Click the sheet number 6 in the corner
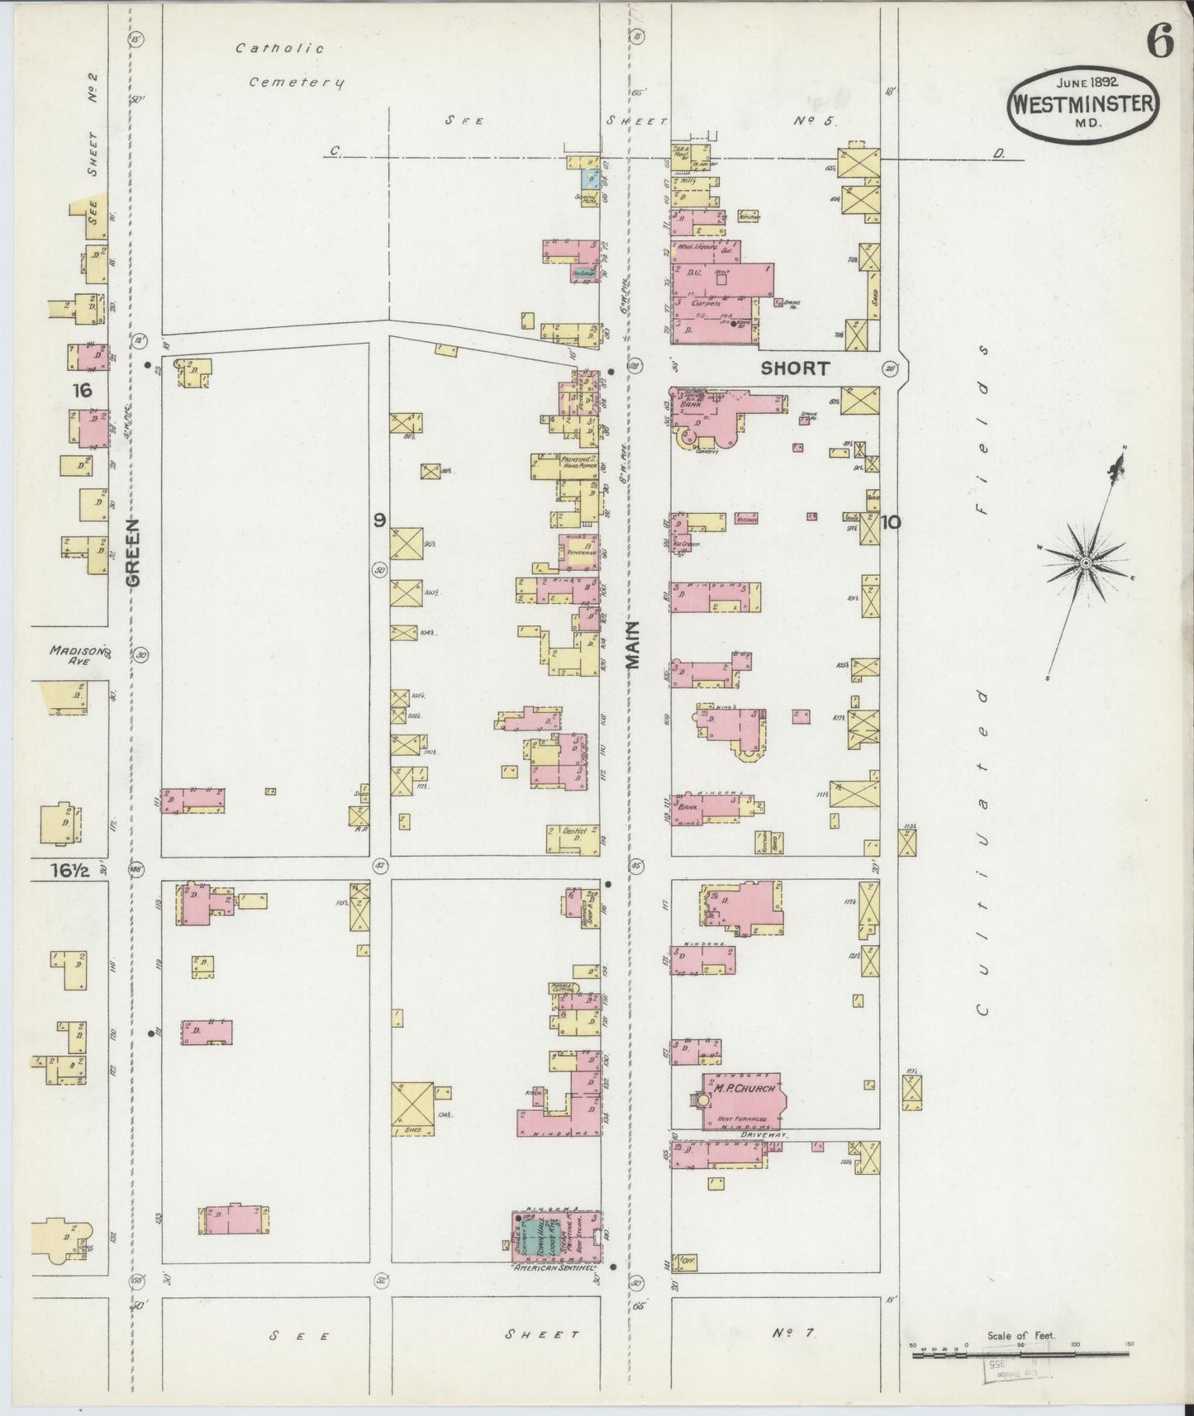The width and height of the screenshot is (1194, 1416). click(1160, 43)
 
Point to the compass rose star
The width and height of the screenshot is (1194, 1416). click(1086, 563)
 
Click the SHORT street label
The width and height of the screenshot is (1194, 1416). click(794, 368)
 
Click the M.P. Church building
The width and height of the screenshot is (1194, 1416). click(744, 1100)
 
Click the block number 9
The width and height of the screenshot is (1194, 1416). click(378, 520)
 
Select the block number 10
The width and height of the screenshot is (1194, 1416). click(891, 521)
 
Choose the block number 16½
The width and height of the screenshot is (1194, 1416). click(69, 869)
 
